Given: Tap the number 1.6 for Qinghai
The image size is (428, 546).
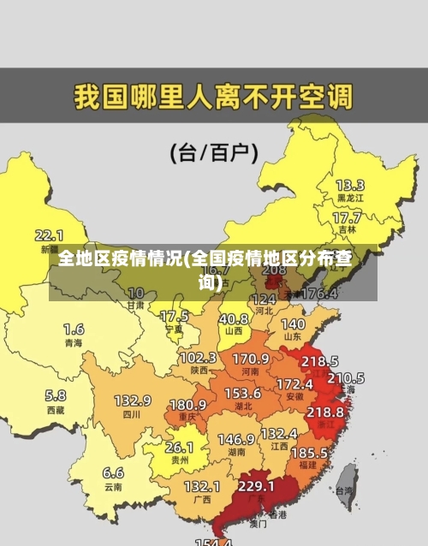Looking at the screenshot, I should click(74, 329).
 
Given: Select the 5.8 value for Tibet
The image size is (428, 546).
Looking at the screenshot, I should click(55, 395).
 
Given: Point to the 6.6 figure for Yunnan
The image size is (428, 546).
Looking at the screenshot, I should click(113, 472).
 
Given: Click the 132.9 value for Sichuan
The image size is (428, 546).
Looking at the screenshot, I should click(133, 401).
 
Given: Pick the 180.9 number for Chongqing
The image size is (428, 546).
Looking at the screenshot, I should click(187, 404).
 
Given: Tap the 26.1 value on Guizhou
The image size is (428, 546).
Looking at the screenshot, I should click(179, 447).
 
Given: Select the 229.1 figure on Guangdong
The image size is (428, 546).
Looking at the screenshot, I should click(256, 486).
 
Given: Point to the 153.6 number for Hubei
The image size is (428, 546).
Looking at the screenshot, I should click(243, 393).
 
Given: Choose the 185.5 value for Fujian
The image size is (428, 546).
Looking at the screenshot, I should click(309, 452).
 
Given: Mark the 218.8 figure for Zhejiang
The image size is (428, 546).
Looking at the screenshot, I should click(325, 412).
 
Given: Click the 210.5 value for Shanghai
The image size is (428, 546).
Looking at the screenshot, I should click(346, 377).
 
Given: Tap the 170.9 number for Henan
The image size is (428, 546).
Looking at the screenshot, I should click(251, 358).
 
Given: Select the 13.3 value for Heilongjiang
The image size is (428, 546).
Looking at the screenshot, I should click(349, 185).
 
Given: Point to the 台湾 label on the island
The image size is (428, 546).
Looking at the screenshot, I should click(344, 491).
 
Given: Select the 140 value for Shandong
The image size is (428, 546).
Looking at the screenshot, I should click(293, 324).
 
